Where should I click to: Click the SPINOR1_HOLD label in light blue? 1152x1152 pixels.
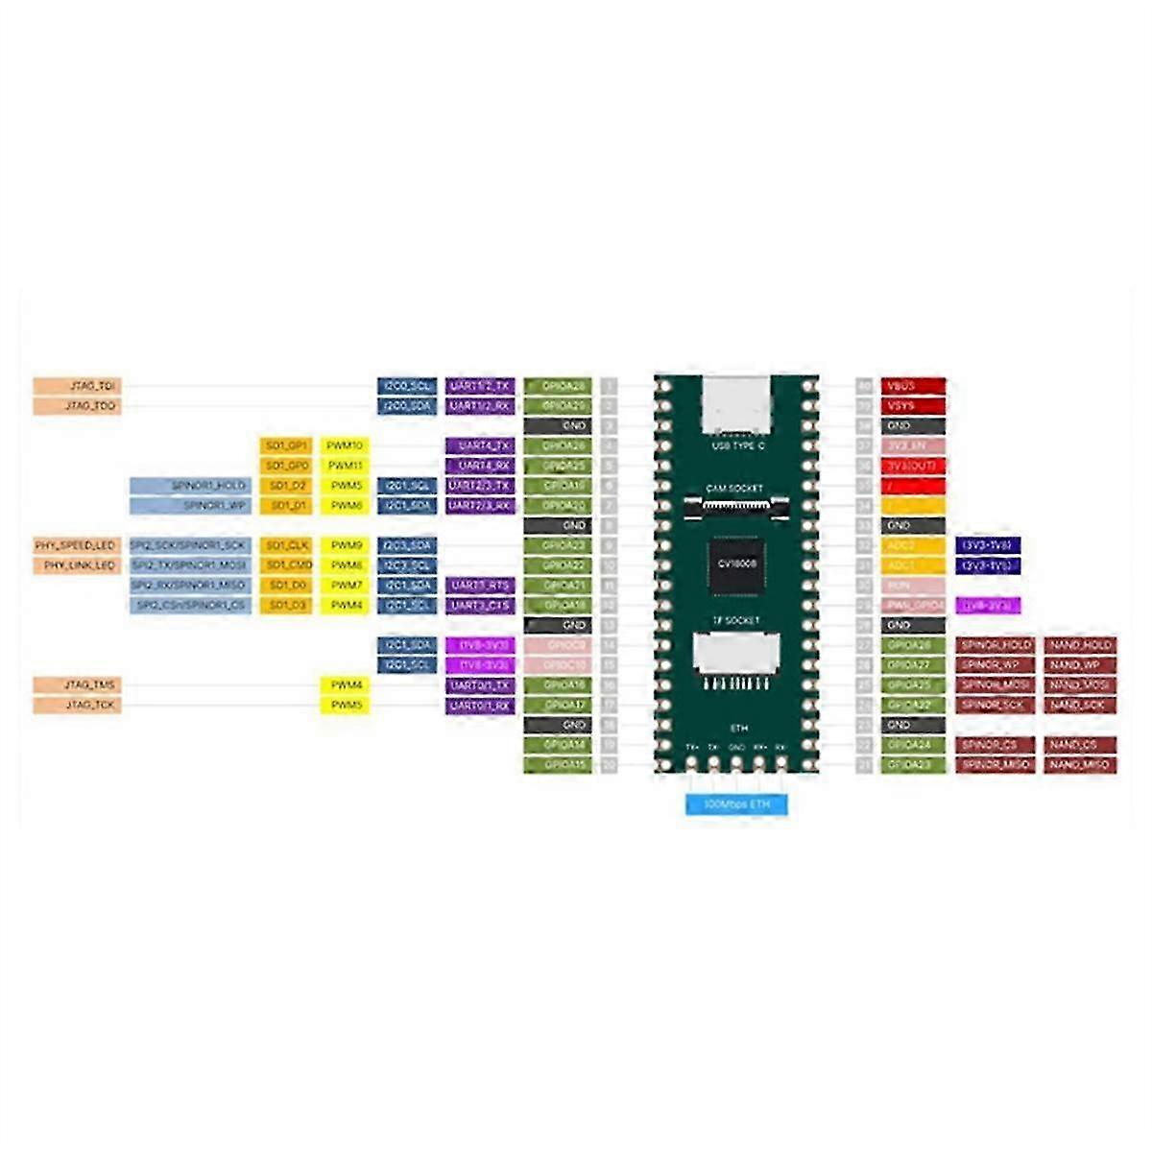point(190,486)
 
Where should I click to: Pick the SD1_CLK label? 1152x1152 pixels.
point(286,545)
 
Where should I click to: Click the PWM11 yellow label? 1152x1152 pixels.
point(346,466)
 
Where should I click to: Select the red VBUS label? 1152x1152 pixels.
point(913,386)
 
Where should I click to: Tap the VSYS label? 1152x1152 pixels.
point(913,406)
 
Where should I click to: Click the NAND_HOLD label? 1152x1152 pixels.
point(1080,645)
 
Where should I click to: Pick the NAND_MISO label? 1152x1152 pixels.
point(1080,765)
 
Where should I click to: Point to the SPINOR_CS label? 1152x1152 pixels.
point(996,745)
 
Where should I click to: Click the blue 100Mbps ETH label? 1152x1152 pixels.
point(736,804)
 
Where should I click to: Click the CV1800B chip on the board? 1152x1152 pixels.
point(736,564)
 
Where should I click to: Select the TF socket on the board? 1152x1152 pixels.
point(736,656)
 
